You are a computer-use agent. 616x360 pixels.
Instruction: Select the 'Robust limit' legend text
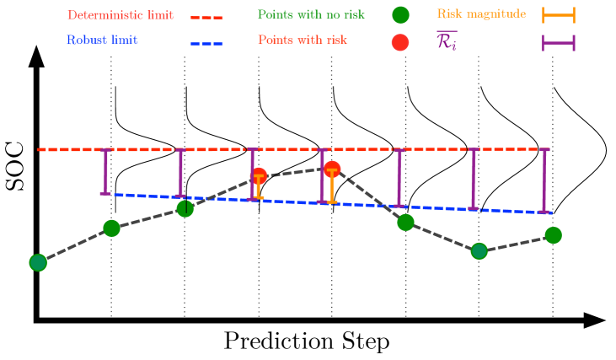tap(101, 40)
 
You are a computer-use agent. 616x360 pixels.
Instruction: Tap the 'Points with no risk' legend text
tap(311, 14)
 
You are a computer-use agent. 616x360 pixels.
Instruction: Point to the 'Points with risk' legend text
tap(302, 40)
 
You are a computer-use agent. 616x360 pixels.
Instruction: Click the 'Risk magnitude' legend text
tap(481, 13)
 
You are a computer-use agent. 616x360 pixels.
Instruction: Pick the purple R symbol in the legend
tap(446, 41)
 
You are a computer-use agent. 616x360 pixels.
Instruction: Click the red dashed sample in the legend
tap(206, 17)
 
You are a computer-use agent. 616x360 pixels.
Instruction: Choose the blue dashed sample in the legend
tap(206, 43)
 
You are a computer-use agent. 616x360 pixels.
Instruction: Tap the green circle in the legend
tap(400, 14)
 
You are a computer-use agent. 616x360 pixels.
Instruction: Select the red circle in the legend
tap(400, 42)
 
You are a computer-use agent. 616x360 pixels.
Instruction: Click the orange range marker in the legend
tap(558, 14)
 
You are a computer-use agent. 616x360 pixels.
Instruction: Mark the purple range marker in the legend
tap(558, 42)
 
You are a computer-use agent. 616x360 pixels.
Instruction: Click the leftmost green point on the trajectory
tap(38, 262)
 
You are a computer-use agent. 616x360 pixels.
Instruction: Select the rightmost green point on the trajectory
tap(553, 235)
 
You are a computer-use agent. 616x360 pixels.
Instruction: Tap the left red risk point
tap(259, 175)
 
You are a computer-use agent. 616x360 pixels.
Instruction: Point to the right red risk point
tap(332, 169)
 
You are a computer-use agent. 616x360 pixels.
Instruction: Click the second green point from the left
tap(111, 228)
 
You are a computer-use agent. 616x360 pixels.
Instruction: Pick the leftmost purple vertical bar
tap(105, 171)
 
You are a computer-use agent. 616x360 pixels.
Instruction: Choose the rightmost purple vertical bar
tap(544, 180)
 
